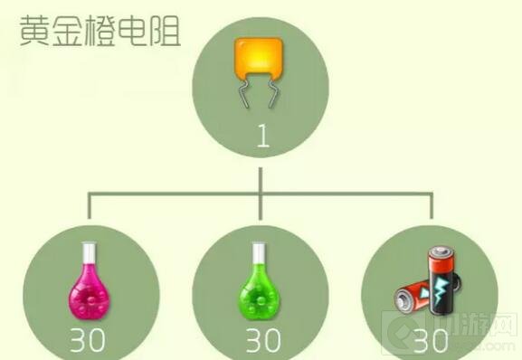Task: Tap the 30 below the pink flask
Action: coord(89,342)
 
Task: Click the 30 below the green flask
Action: coord(264,342)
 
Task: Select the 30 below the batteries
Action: coord(432,342)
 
